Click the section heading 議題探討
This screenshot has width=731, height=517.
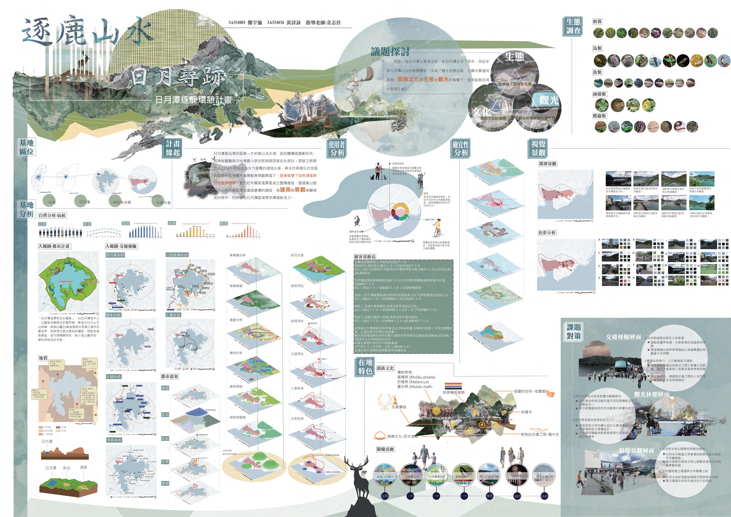[x=390, y=52]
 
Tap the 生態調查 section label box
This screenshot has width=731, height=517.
[x=573, y=26]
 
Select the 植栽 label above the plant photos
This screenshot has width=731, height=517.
[x=597, y=21]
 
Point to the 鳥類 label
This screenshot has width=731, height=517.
[x=597, y=48]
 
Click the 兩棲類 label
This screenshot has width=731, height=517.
[x=599, y=94]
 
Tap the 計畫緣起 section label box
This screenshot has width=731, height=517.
[x=173, y=148]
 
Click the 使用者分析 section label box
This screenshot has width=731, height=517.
[x=337, y=148]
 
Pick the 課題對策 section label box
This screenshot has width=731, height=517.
[x=573, y=331]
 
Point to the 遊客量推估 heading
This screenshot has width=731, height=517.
[x=365, y=257]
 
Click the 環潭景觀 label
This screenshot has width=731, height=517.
[x=548, y=164]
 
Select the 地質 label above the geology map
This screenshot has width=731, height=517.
[x=43, y=358]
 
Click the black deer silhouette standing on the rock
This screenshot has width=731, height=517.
[x=360, y=478]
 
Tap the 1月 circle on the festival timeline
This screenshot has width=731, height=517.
[x=385, y=496]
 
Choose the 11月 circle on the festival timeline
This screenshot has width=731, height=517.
[x=544, y=496]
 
